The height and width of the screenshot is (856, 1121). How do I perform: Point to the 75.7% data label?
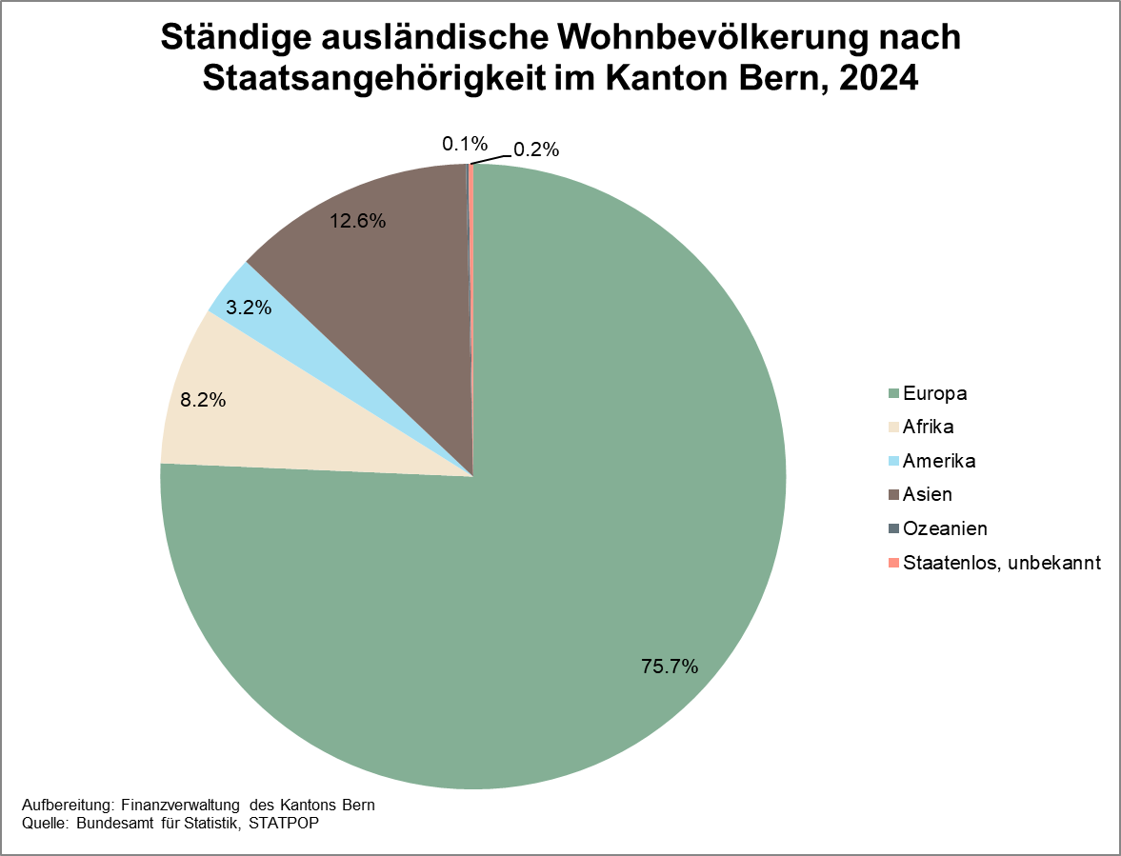point(670,667)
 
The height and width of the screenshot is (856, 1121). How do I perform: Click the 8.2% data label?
point(202,401)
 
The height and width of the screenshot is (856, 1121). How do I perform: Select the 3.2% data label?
point(250,308)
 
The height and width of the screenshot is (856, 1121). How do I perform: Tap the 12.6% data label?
point(357,221)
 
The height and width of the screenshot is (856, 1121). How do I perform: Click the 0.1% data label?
point(465,145)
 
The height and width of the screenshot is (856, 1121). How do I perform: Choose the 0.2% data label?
point(536,149)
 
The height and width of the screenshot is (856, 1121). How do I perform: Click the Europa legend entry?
point(935,393)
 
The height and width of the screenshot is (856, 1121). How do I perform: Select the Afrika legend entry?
point(929,427)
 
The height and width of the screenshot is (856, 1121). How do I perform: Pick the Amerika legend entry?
point(939,461)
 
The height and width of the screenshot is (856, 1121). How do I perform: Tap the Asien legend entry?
point(928,494)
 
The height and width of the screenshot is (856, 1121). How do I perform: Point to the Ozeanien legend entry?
point(945,528)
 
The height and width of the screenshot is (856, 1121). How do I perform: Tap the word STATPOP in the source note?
point(283,824)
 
